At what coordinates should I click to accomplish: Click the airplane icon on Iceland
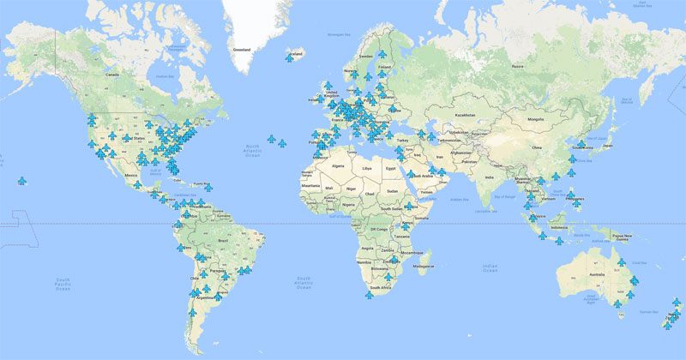pyautogui.click(x=290, y=57)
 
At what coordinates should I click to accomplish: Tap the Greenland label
pyautogui.click(x=241, y=51)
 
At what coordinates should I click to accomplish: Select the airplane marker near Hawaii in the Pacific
pyautogui.click(x=22, y=181)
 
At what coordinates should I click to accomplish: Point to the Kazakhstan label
pyautogui.click(x=465, y=115)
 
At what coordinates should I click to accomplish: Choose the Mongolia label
pyautogui.click(x=536, y=119)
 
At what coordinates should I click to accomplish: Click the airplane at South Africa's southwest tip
pyautogui.click(x=369, y=295)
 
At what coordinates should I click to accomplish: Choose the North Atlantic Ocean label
pyautogui.click(x=252, y=150)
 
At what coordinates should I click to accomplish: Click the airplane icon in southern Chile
pyautogui.click(x=190, y=314)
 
